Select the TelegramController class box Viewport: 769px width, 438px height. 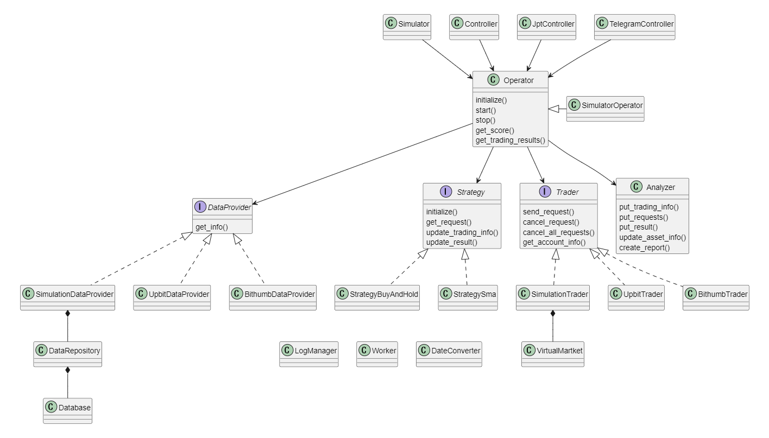tap(635, 27)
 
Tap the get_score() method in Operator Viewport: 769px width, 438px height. tap(495, 130)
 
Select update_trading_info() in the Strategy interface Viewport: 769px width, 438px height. tap(462, 232)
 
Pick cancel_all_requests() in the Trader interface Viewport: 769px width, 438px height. tap(558, 232)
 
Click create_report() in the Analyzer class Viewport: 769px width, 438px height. tap(644, 247)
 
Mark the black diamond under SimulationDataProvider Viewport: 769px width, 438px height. tap(67, 314)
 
